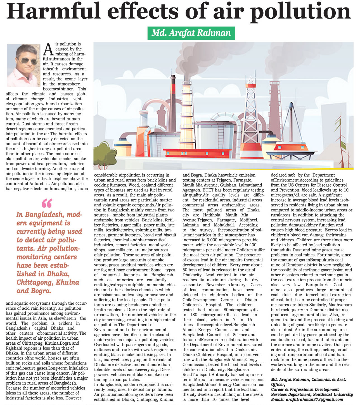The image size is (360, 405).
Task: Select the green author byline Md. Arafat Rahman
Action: [x=191, y=33]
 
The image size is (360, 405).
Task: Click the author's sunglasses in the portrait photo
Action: [x=26, y=61]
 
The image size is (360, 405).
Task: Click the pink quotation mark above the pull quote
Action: [x=47, y=203]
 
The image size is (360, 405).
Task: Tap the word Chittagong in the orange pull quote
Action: [x=35, y=282]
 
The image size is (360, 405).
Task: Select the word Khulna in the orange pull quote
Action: [x=67, y=282]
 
